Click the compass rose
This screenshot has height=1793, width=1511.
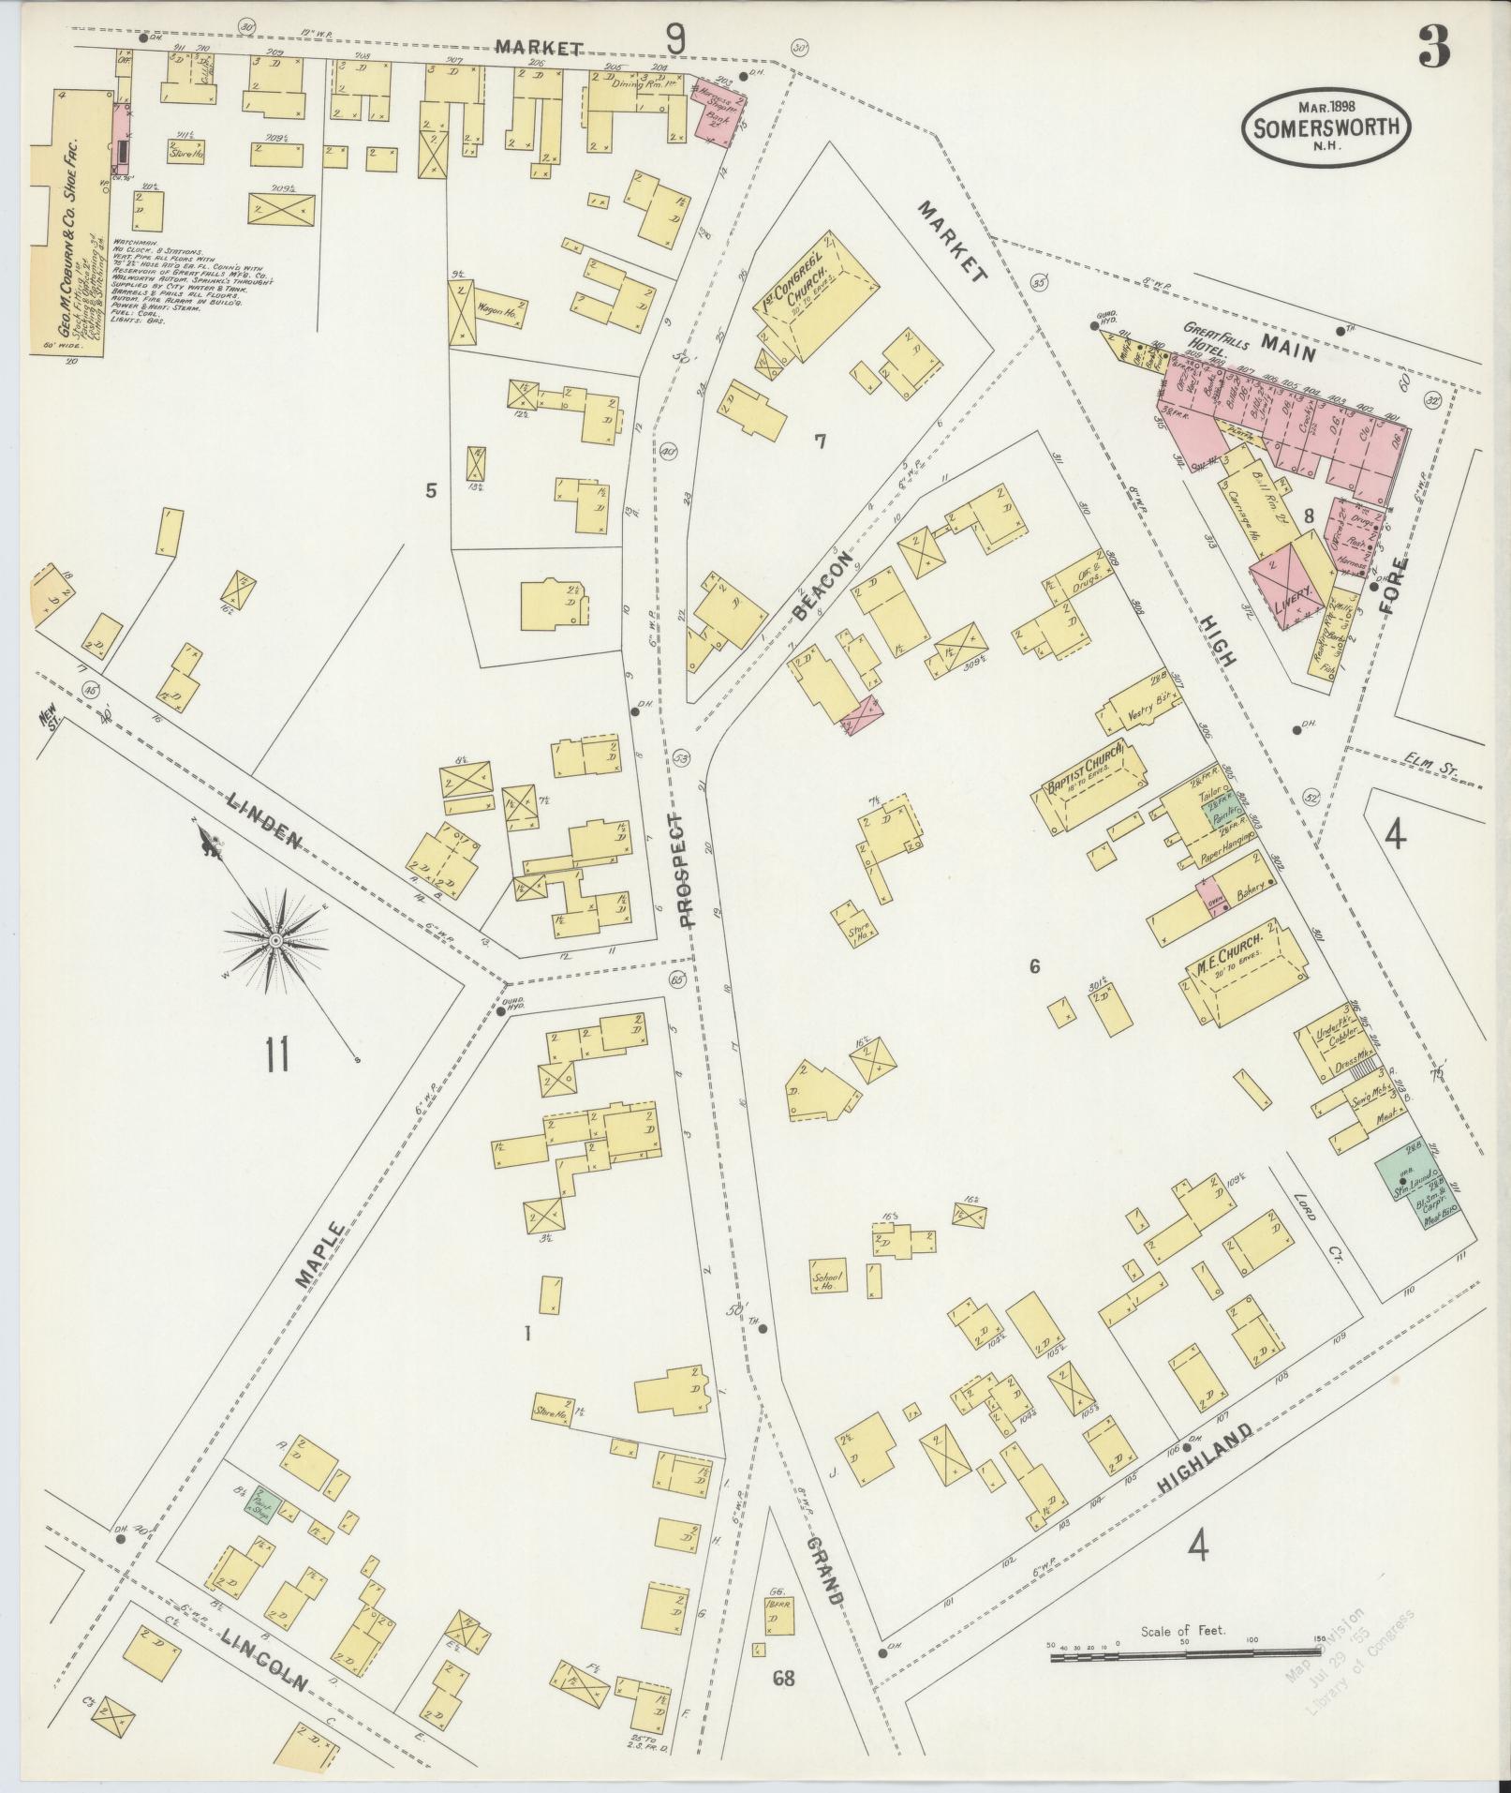[276, 938]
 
